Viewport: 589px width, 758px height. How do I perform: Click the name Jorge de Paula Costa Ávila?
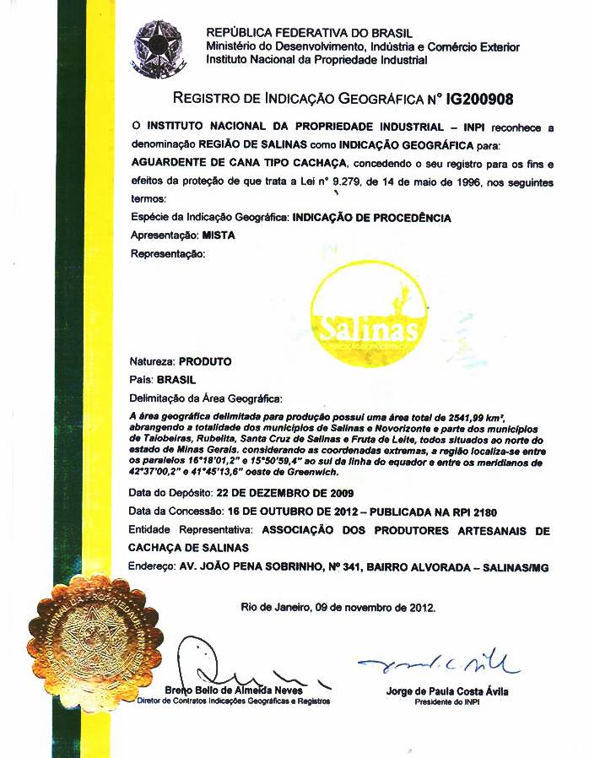point(446,692)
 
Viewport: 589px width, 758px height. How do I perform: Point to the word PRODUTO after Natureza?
point(204,361)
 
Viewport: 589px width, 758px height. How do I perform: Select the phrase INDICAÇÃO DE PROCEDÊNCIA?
point(371,218)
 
